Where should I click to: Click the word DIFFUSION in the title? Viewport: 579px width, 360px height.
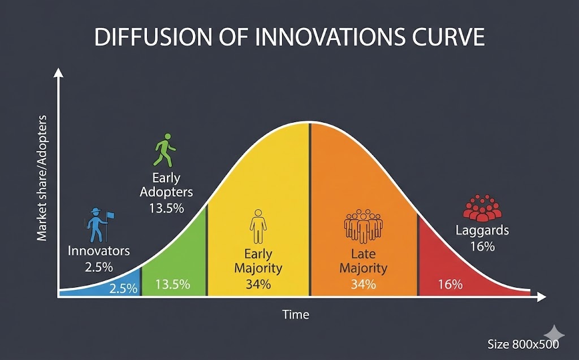tap(153, 37)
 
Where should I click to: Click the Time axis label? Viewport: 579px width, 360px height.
tap(295, 314)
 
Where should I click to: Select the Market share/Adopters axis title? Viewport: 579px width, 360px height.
tap(42, 178)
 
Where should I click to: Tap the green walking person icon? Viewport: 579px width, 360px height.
tap(165, 150)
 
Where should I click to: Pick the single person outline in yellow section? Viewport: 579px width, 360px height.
tap(258, 226)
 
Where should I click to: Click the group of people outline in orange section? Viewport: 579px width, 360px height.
tap(364, 226)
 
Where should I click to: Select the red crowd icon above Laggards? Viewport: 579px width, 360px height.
tap(482, 207)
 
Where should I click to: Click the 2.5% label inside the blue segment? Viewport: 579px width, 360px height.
tap(123, 288)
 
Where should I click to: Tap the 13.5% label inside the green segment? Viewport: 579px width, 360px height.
tap(172, 284)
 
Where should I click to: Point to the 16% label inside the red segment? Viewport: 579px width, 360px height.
tap(450, 284)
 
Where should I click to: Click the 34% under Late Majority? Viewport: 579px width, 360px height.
tap(364, 284)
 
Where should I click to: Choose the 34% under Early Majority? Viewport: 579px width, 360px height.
tap(258, 284)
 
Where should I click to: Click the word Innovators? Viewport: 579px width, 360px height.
tap(98, 251)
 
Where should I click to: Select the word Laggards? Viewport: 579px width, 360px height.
tap(482, 231)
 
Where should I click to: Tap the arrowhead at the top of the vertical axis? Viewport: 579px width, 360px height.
tap(58, 73)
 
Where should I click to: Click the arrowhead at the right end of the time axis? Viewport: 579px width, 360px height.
tap(541, 297)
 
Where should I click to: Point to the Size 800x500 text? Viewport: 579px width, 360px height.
tap(523, 344)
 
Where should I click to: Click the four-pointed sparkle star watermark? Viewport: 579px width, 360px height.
tap(554, 335)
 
